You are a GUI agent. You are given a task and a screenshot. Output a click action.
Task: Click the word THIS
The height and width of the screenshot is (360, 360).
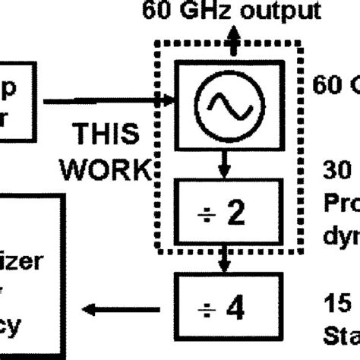[x=106, y=134]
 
